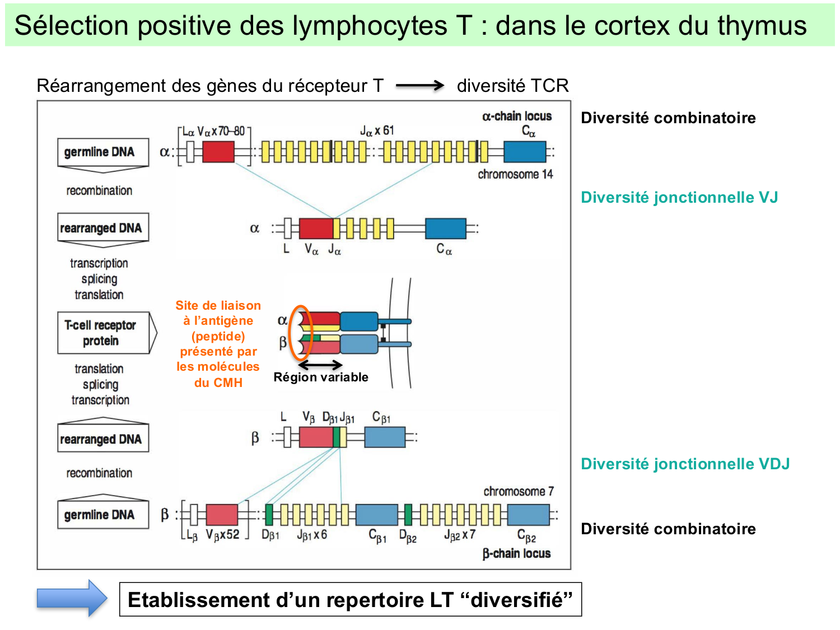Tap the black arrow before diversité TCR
[x=419, y=86]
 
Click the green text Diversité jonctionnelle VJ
[x=679, y=197]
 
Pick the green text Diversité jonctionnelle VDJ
[x=685, y=464]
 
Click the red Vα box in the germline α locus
[x=218, y=152]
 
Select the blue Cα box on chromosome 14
[x=524, y=152]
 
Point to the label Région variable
[x=321, y=377]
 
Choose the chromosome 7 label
[x=519, y=491]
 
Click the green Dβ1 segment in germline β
[x=269, y=514]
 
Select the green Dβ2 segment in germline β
[x=408, y=514]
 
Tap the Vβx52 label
[x=222, y=535]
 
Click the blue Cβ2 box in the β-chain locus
[x=528, y=514]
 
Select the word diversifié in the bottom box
[x=516, y=600]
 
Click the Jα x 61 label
[x=377, y=130]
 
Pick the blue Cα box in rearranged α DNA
[x=445, y=228]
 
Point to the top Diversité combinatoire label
[x=668, y=118]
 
